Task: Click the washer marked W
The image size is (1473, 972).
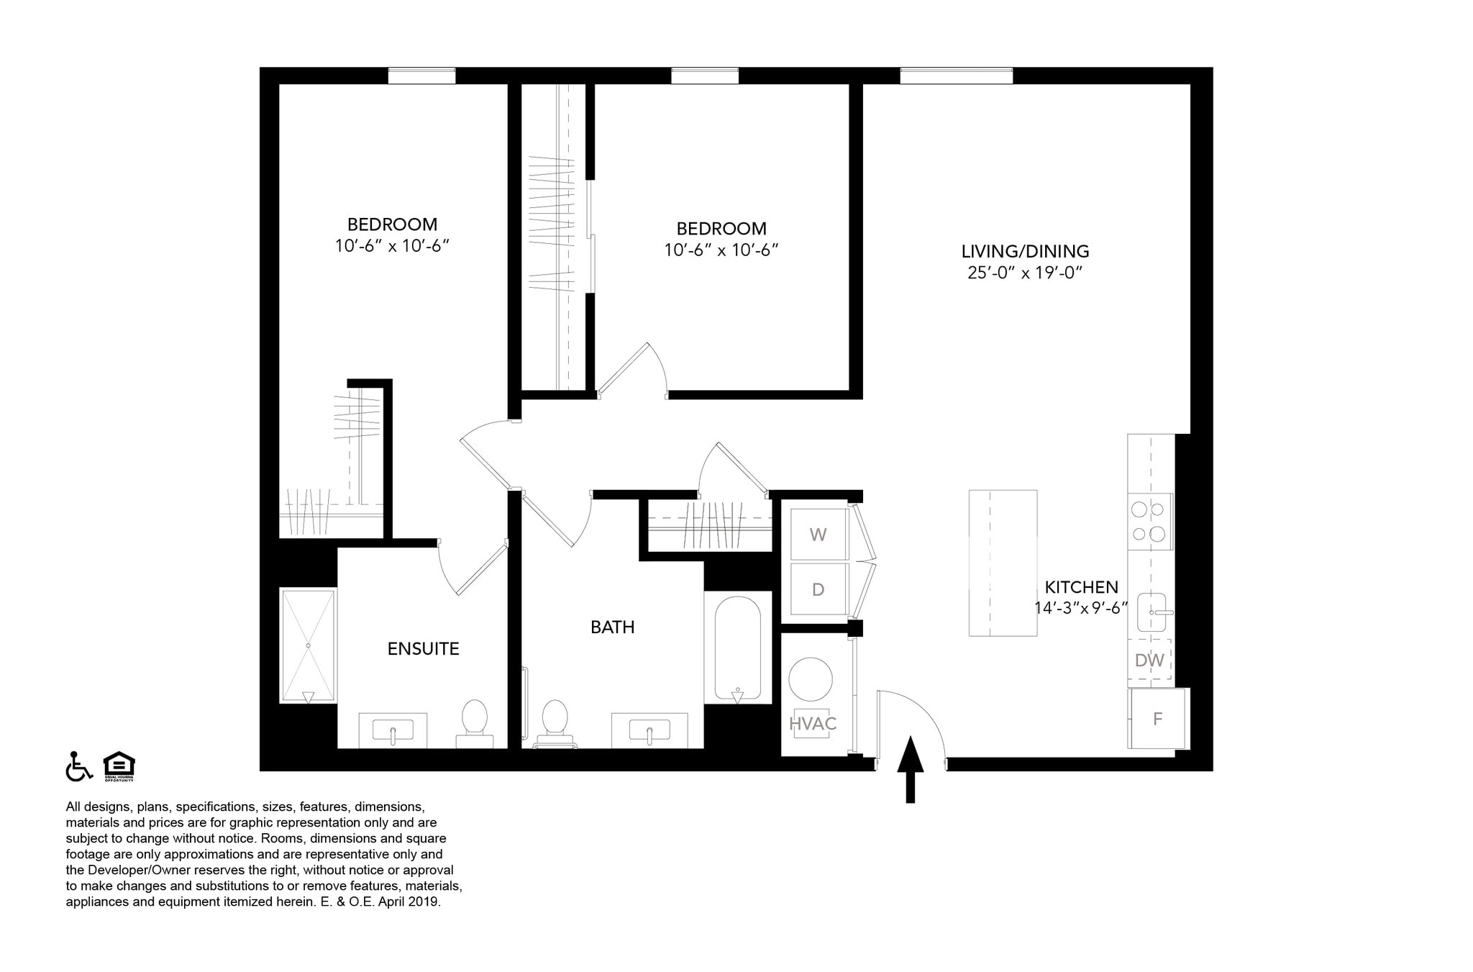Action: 818,535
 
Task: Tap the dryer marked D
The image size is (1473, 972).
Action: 818,590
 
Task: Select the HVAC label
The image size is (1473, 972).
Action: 813,724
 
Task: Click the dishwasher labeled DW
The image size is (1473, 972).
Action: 1149,660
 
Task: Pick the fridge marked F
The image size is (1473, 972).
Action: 1157,719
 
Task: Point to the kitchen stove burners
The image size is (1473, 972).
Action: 1149,522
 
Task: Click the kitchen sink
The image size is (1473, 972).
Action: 1152,612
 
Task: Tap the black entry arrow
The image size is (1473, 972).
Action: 910,768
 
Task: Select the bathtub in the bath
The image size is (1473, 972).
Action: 737,648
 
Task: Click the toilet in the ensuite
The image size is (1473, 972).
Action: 475,722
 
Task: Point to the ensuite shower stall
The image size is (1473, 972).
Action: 308,645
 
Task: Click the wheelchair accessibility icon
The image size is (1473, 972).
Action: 78,766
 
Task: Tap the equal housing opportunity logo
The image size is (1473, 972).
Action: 119,766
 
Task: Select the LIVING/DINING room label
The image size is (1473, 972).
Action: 1025,252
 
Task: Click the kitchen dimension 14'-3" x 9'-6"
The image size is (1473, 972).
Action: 1080,608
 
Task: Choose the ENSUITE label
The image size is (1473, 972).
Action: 423,649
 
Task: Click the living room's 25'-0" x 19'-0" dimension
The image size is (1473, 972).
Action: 1025,273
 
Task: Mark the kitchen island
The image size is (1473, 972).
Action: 1003,563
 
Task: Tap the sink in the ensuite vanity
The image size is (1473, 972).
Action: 393,730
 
